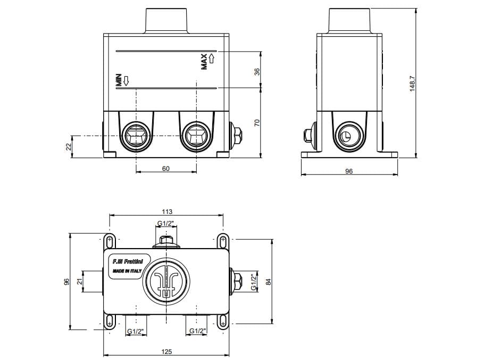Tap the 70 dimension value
tap(256, 122)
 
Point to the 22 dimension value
tap(69, 147)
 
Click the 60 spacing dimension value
tap(165, 169)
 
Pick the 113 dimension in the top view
tap(167, 212)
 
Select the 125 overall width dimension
tap(166, 351)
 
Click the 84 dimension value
tap(269, 282)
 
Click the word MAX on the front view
tap(204, 62)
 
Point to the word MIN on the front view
tap(119, 80)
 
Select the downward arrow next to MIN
tap(126, 81)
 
